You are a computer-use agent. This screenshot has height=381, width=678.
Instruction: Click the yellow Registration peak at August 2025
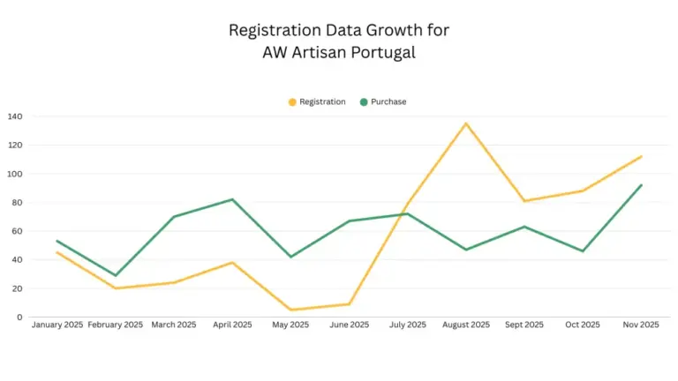click(466, 123)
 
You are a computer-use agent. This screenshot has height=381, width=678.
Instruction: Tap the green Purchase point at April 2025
click(232, 199)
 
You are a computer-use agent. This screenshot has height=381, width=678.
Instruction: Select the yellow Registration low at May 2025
click(290, 310)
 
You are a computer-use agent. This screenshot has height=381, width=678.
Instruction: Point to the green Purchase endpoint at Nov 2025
click(641, 185)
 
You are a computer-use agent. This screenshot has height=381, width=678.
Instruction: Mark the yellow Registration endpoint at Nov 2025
click(641, 156)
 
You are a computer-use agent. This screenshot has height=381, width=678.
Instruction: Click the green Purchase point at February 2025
click(116, 275)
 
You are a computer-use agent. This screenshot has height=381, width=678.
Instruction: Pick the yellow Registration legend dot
click(293, 102)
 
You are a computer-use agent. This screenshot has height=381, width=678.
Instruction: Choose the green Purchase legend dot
click(364, 102)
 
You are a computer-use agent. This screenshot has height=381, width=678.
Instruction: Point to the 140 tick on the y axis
click(15, 116)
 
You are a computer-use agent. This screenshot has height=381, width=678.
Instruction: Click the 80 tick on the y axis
click(18, 203)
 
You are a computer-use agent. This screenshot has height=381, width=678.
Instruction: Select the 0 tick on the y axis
click(19, 317)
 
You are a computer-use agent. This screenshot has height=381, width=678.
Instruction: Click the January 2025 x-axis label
click(57, 325)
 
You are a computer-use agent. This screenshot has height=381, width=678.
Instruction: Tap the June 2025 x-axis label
click(350, 325)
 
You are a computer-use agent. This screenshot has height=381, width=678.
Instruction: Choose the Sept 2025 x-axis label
click(524, 325)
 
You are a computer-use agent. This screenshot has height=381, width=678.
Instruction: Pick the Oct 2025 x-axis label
click(583, 325)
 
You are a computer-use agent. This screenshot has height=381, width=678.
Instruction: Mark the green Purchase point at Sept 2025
click(524, 227)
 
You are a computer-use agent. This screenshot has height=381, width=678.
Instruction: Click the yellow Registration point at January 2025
click(57, 252)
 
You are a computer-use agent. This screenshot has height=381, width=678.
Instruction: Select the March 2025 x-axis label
click(174, 325)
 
